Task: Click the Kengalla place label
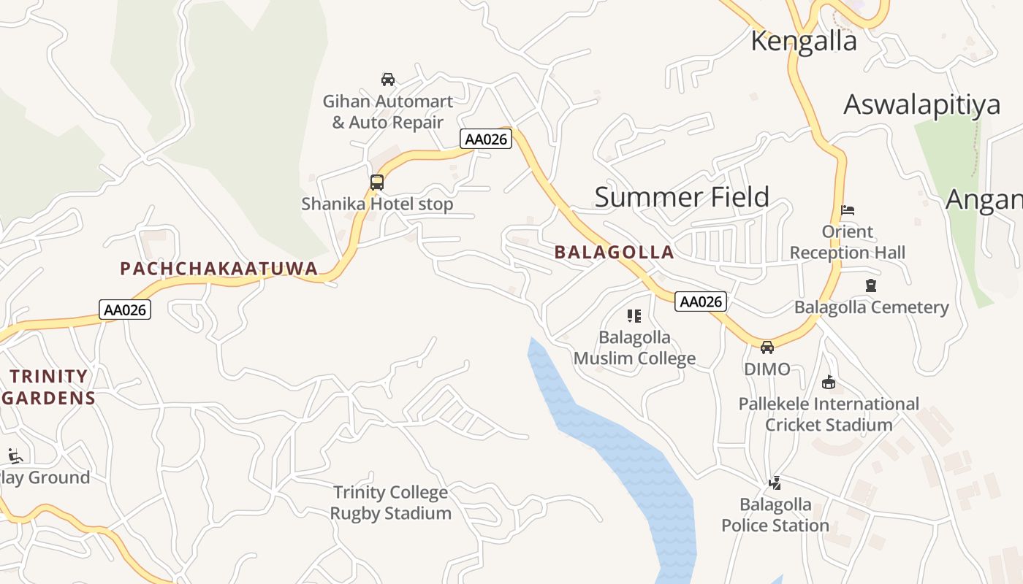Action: [x=804, y=41]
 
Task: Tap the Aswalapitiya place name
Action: [x=921, y=104]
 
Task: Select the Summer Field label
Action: [x=682, y=197]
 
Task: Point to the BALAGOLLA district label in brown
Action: [x=614, y=253]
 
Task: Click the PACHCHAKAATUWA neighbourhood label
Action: [x=219, y=269]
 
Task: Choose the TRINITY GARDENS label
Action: [x=48, y=387]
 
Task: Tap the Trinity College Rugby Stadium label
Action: [x=390, y=502]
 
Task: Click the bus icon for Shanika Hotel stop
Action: [x=377, y=182]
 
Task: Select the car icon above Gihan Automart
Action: [x=388, y=79]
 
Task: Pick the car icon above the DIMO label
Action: [x=767, y=347]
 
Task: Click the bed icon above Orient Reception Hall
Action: [x=848, y=210]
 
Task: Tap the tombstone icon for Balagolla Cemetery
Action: [x=870, y=285]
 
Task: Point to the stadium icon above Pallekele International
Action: [x=829, y=382]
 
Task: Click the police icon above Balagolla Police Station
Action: [x=775, y=483]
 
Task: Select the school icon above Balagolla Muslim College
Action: [x=634, y=316]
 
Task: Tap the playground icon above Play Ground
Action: [x=15, y=456]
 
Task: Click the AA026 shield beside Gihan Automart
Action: [x=486, y=139]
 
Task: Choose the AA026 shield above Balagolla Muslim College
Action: [x=700, y=301]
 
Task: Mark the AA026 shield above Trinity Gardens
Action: [x=125, y=310]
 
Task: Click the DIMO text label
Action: [x=767, y=369]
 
